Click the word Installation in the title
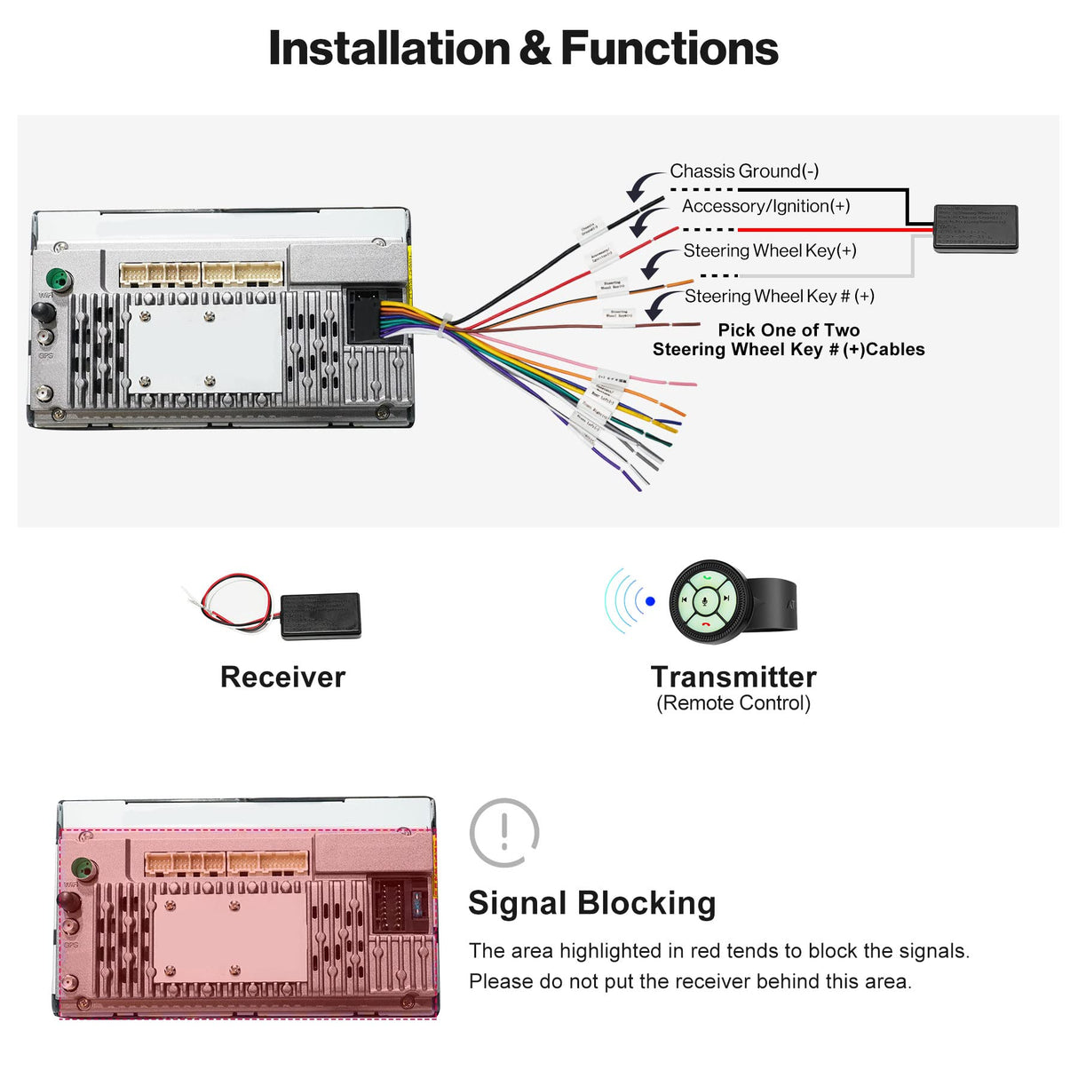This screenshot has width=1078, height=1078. [388, 48]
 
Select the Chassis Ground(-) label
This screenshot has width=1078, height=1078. [743, 170]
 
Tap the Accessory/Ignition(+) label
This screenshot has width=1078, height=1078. [765, 206]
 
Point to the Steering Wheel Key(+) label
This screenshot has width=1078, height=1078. [769, 250]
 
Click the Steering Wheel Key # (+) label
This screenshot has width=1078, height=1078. [779, 296]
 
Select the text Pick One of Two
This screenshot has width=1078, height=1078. [789, 329]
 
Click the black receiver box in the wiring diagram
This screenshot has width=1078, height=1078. [975, 228]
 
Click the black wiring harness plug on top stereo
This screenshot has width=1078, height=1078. [365, 315]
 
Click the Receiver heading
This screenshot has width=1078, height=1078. [282, 677]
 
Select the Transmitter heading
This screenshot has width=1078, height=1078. [733, 677]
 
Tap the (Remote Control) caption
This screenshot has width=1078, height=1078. [733, 703]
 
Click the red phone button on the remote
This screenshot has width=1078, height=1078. [706, 624]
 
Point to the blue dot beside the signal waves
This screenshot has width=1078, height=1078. [650, 601]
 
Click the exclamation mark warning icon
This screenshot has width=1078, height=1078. [504, 832]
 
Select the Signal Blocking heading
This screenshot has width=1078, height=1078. [591, 903]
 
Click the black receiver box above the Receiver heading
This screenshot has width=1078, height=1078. [320, 615]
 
